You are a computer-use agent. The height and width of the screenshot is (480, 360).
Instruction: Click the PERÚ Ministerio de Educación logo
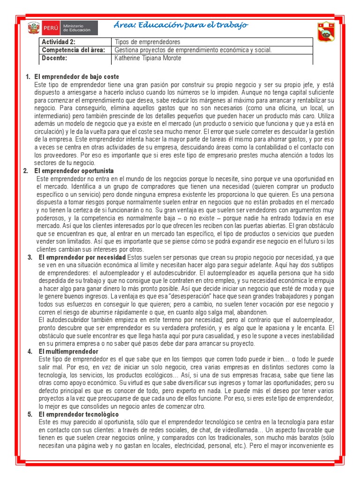[62, 28]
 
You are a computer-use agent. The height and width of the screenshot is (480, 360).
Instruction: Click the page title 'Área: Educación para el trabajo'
[181, 25]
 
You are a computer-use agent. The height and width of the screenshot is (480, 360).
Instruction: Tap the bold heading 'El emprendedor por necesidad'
[82, 257]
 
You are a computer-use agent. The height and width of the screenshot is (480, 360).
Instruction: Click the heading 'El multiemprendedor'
[68, 351]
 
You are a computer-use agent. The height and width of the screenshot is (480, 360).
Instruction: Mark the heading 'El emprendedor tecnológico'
[79, 414]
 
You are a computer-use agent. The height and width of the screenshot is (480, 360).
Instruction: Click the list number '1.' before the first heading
[28, 76]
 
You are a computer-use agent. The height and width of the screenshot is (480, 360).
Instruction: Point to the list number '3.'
[30, 257]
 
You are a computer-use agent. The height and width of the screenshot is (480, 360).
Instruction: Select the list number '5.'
[30, 414]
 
